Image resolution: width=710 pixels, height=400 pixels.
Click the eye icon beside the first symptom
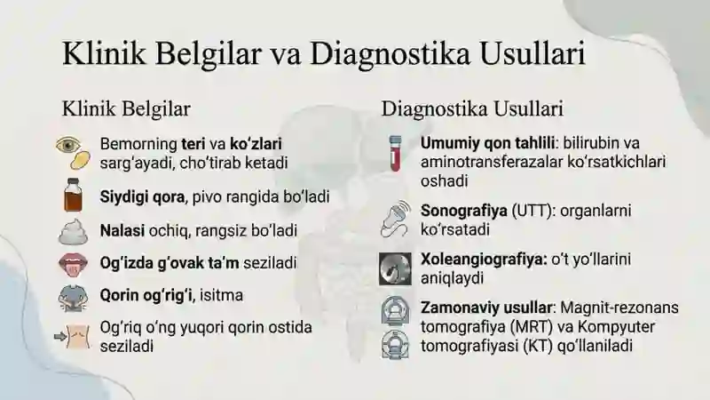pos(68,145)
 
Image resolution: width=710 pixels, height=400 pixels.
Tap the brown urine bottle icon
pos(73,195)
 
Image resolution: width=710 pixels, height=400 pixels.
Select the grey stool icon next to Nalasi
pos(73,232)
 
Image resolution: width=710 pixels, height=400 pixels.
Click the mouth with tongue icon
pos(73,264)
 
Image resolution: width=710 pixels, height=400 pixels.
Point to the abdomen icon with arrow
pos(73,337)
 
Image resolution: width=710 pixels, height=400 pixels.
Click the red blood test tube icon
pos(395,153)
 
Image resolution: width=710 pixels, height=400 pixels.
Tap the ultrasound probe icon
pos(395,219)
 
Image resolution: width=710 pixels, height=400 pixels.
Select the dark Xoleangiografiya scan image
pos(395,269)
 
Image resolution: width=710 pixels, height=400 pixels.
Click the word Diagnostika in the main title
pos(390,54)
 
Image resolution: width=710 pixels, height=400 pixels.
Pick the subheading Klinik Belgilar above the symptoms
pos(126,109)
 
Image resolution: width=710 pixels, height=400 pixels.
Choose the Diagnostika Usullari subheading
pos(472,109)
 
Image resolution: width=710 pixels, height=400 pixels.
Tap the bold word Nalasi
pos(122,230)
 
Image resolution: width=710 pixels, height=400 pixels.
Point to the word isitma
pos(221,295)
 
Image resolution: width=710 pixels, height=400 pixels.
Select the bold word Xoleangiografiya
pos(484,260)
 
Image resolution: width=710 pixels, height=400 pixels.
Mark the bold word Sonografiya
pos(463,212)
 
